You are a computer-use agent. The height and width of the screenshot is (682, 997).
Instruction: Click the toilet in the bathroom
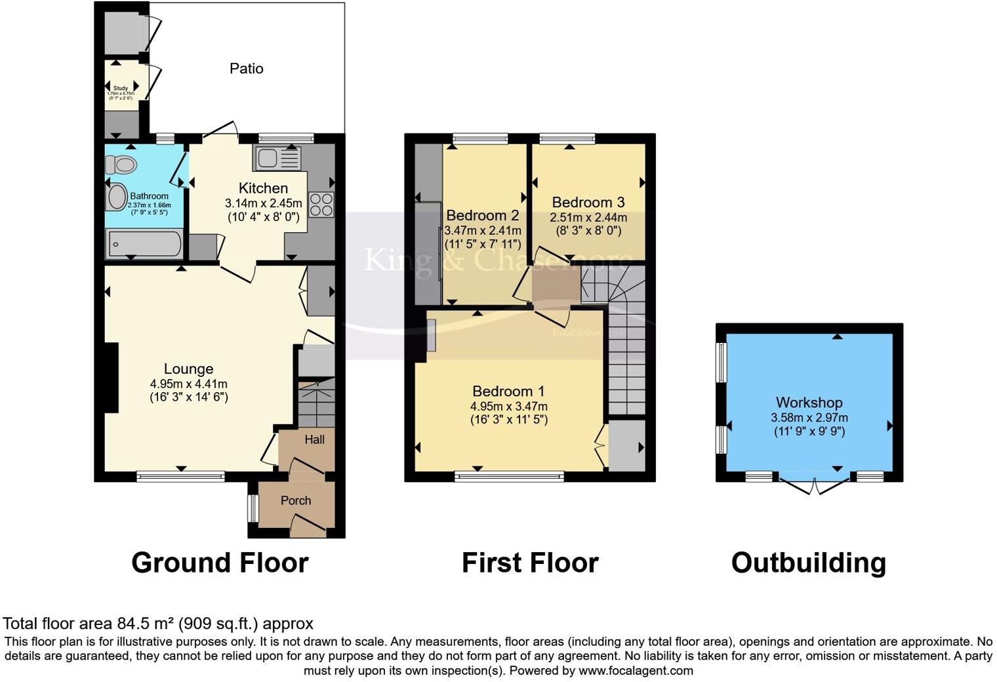121,164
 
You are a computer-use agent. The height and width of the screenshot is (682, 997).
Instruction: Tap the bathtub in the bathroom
144,244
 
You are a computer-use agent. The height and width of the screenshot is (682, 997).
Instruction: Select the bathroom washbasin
117,197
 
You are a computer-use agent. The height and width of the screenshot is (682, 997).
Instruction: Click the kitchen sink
268,158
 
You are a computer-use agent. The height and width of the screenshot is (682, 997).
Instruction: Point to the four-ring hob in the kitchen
321,204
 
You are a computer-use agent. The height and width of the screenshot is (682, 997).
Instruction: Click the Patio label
246,68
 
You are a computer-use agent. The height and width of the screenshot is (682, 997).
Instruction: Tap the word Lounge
188,369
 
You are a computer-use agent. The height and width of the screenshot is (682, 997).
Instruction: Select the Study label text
121,88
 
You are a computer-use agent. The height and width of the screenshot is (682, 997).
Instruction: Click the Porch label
296,500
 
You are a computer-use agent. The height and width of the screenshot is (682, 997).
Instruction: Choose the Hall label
314,439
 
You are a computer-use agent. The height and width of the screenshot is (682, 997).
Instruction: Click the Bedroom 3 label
588,202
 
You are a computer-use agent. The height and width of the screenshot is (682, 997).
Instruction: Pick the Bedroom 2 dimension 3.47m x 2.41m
483,230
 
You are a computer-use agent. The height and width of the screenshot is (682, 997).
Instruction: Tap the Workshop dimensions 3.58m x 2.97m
809,417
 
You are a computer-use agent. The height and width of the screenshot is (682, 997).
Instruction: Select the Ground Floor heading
220,563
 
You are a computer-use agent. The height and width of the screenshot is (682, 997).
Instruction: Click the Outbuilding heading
808,563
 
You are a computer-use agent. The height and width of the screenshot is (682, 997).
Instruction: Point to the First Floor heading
530,563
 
